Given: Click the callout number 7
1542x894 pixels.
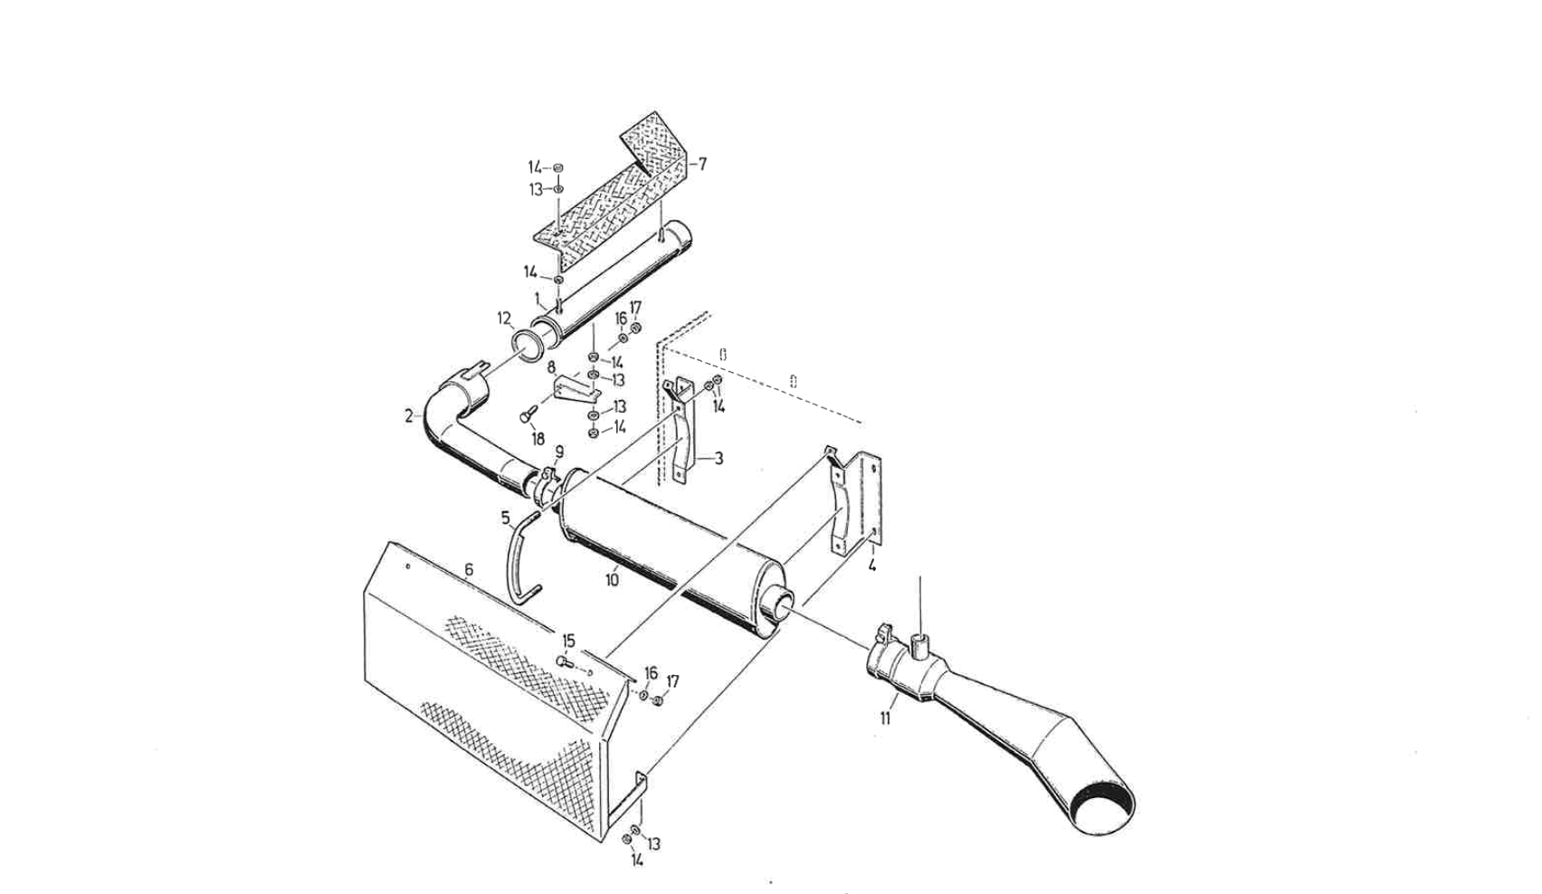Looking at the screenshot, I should (x=702, y=165).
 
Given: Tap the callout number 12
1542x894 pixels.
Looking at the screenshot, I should (x=504, y=319).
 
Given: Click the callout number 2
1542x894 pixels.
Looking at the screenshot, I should (x=409, y=416).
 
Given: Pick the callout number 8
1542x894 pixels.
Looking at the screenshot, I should (x=551, y=367).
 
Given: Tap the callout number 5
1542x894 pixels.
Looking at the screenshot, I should (x=506, y=518).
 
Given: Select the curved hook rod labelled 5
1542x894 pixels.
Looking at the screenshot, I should (x=518, y=561).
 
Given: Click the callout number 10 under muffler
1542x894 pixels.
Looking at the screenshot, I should (x=612, y=579).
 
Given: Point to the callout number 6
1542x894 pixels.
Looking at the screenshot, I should (x=469, y=569).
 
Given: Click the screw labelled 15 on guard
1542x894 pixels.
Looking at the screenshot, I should (x=564, y=662).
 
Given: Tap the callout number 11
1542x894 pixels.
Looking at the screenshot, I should (x=885, y=718).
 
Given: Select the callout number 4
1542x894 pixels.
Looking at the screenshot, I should (x=871, y=566).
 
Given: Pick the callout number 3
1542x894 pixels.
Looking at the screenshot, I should (x=719, y=459).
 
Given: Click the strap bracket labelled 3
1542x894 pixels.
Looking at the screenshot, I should (x=684, y=434).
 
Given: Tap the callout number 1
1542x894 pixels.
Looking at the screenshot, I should (x=537, y=297).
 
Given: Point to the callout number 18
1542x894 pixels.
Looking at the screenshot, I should (x=538, y=439).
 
